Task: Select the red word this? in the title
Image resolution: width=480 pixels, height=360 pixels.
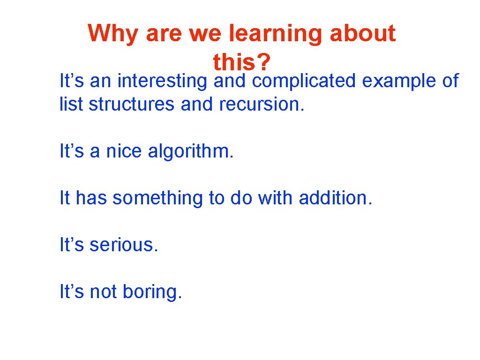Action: pyautogui.click(x=243, y=61)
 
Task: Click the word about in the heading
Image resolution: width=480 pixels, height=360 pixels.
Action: pyautogui.click(x=362, y=34)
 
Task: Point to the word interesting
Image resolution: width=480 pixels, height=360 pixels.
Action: pyautogui.click(x=162, y=81)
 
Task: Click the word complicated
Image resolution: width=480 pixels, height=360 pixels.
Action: pyautogui.click(x=304, y=81)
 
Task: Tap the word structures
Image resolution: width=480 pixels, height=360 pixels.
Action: pyautogui.click(x=131, y=104)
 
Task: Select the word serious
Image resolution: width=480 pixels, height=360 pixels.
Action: pyautogui.click(x=124, y=245)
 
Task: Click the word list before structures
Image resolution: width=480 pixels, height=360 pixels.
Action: pyautogui.click(x=72, y=104)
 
